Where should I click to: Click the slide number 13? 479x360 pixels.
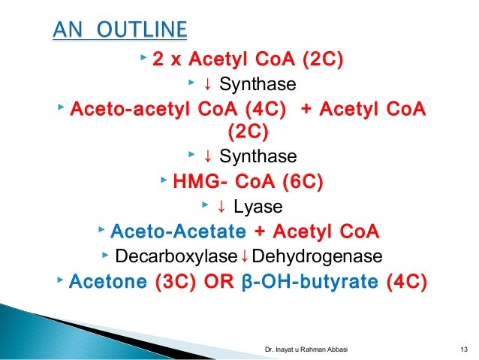462,349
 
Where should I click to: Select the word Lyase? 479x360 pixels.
258,205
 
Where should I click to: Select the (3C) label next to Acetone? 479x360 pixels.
176,283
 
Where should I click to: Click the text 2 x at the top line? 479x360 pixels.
167,59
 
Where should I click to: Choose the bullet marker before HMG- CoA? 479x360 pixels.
164,180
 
